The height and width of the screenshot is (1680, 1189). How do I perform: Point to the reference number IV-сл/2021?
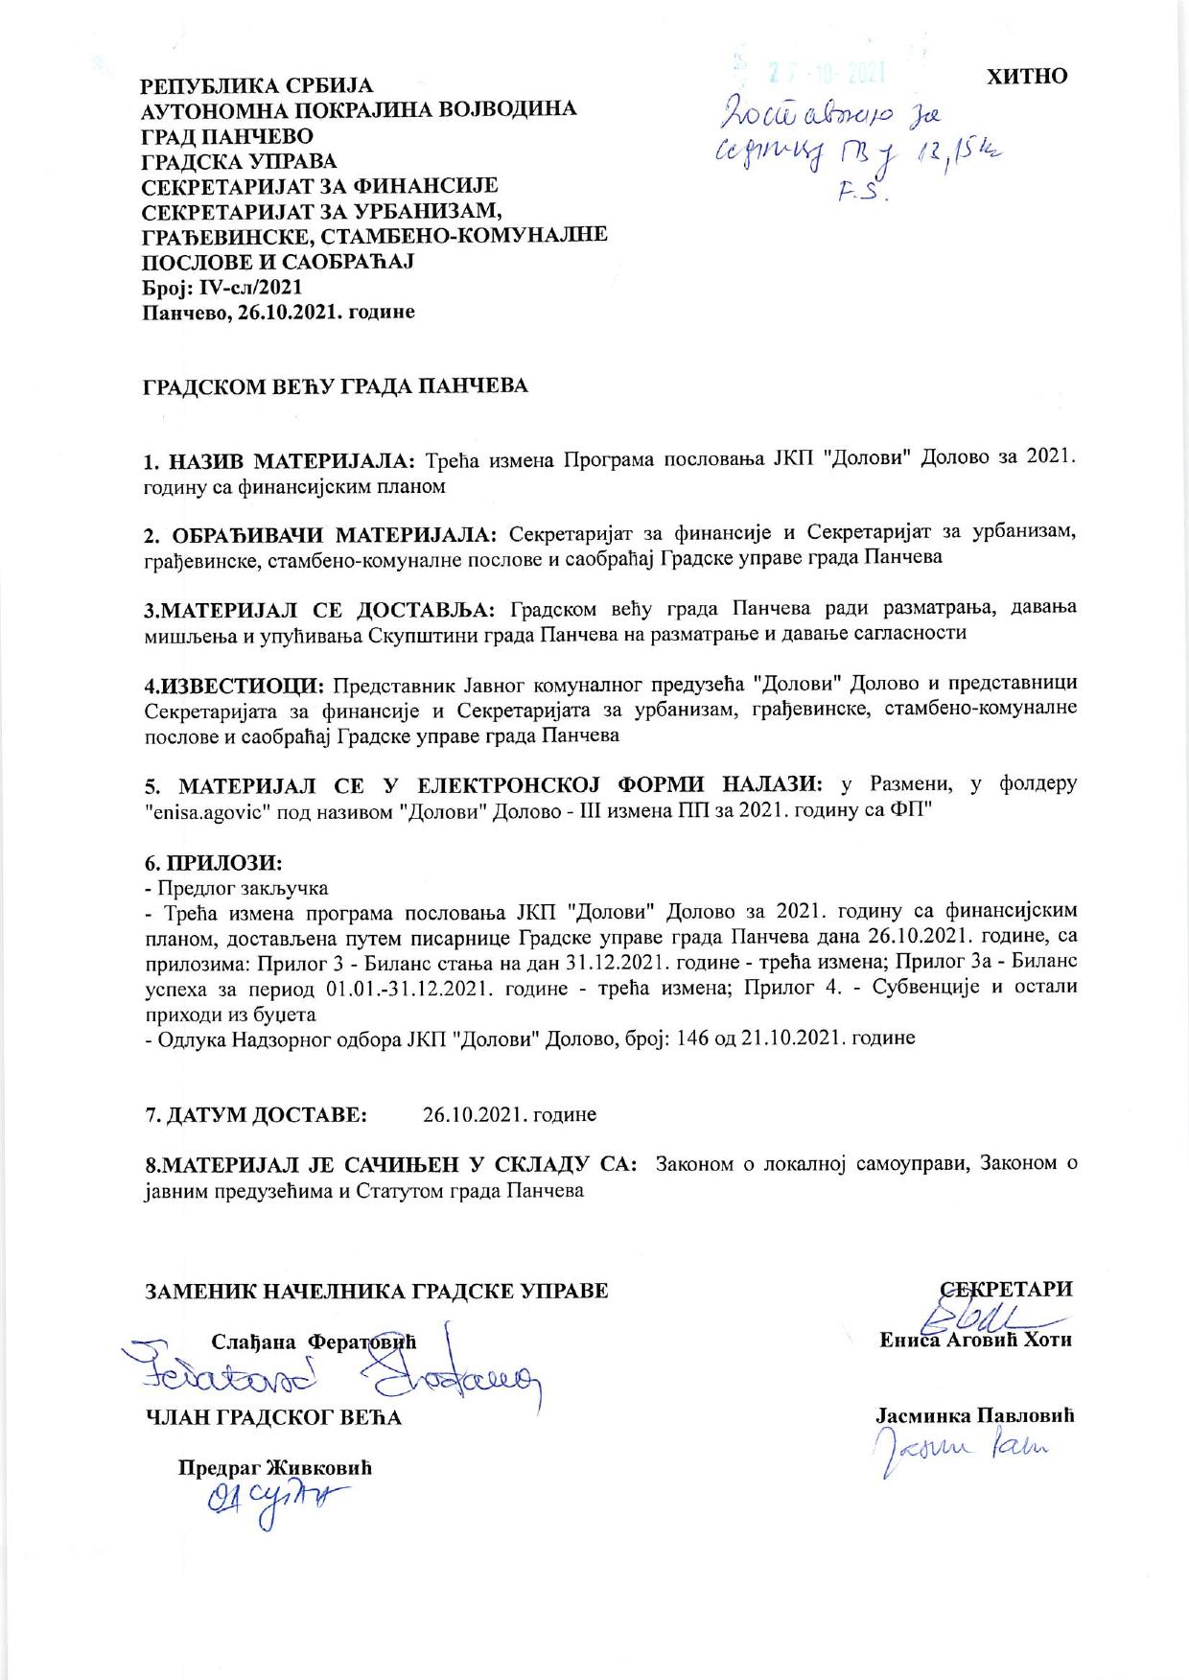(x=241, y=286)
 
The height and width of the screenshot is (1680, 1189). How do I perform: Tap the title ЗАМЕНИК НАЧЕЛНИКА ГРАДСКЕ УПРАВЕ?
(x=376, y=1290)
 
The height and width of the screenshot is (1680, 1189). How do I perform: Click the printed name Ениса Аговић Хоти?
(x=975, y=1341)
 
